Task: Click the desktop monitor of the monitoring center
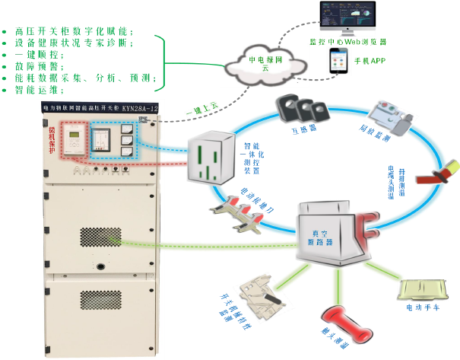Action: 351,18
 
